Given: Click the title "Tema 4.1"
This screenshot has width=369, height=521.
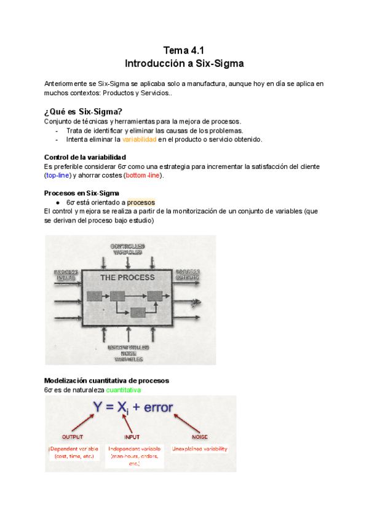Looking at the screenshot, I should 184,50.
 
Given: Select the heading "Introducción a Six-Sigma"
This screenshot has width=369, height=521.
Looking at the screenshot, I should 184,63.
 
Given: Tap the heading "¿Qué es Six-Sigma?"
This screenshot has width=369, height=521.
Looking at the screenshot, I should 83,111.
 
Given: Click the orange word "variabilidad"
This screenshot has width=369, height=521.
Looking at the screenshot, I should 139,139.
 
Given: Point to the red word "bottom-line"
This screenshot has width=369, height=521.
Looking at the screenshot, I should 144,176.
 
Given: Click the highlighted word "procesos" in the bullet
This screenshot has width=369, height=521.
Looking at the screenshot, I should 141,202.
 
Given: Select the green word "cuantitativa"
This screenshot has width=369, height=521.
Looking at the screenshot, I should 123,390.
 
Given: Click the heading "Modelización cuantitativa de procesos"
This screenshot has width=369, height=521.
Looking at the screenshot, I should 106,380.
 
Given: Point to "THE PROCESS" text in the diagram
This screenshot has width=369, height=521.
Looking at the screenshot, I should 127,278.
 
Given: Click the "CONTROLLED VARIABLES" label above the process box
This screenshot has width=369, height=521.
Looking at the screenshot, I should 127,249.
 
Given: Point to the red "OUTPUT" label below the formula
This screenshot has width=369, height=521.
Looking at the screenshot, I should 72,437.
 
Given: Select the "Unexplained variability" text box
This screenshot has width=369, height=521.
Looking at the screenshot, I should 200,449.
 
